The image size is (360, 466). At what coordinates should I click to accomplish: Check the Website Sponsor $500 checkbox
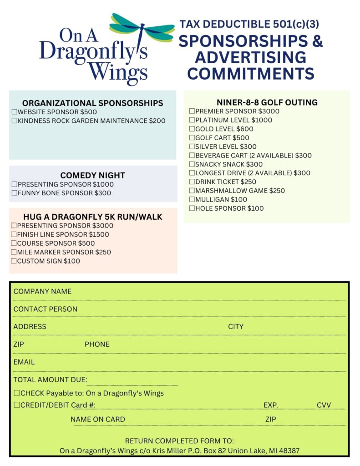point(14,112)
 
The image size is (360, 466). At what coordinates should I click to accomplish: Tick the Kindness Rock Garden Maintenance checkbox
point(14,121)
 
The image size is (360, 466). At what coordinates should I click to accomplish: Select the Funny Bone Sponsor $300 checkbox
point(14,193)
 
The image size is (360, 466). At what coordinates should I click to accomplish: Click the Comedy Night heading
point(92,176)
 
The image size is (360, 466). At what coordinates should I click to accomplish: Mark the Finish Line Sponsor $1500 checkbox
point(14,235)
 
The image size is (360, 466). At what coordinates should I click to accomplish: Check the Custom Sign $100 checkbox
point(14,261)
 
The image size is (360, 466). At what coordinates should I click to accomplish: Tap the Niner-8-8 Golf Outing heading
point(267,102)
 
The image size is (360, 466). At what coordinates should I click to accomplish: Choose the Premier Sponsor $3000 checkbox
point(192,111)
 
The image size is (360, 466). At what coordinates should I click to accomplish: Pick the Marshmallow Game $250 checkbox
point(192,191)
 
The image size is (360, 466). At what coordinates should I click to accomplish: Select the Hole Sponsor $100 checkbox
point(192,209)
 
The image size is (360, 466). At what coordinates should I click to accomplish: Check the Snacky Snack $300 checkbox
point(192,165)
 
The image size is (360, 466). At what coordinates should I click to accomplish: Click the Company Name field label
point(42,292)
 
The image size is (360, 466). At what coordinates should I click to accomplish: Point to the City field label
point(236,327)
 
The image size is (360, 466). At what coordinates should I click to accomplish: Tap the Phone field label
point(97,344)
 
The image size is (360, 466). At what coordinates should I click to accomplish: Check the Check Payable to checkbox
point(17,393)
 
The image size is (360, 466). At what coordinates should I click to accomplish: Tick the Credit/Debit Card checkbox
point(17,405)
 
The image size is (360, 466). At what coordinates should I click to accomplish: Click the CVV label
point(324,405)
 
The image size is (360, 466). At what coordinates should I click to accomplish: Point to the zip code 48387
point(288,451)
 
